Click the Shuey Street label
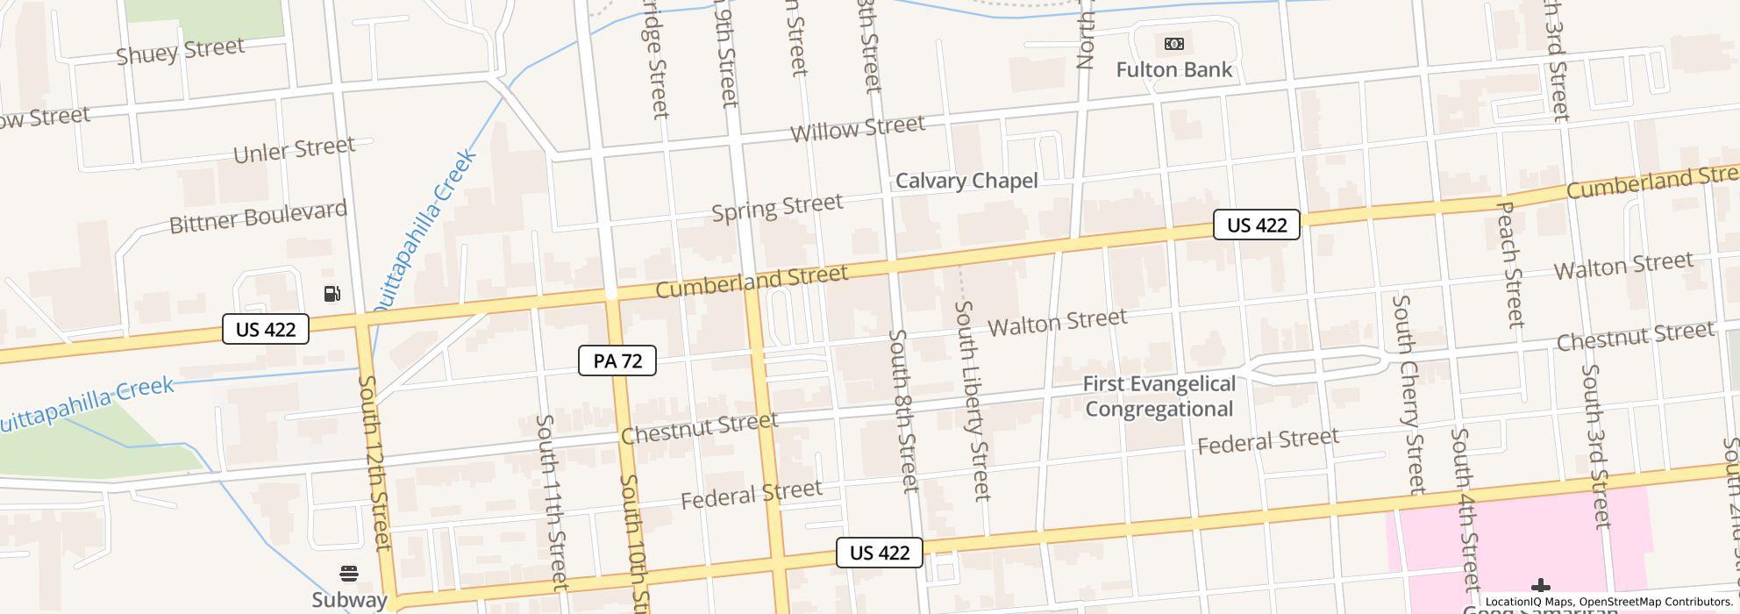coord(180,51)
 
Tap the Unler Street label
coord(294,150)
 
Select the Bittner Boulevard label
coord(258,217)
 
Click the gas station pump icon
coord(332,294)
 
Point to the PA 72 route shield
coord(617,361)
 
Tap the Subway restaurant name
coord(349,600)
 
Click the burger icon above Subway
coord(349,574)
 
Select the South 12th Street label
coord(374,463)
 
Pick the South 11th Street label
coord(552,502)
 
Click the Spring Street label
coord(777,208)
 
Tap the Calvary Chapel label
coord(966,181)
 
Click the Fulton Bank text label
coord(1173,69)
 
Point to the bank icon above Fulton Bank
coord(1173,44)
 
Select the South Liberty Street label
coord(972,400)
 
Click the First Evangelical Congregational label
coord(1159,396)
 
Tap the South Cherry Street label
coord(1408,394)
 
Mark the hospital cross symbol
coord(1540,586)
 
